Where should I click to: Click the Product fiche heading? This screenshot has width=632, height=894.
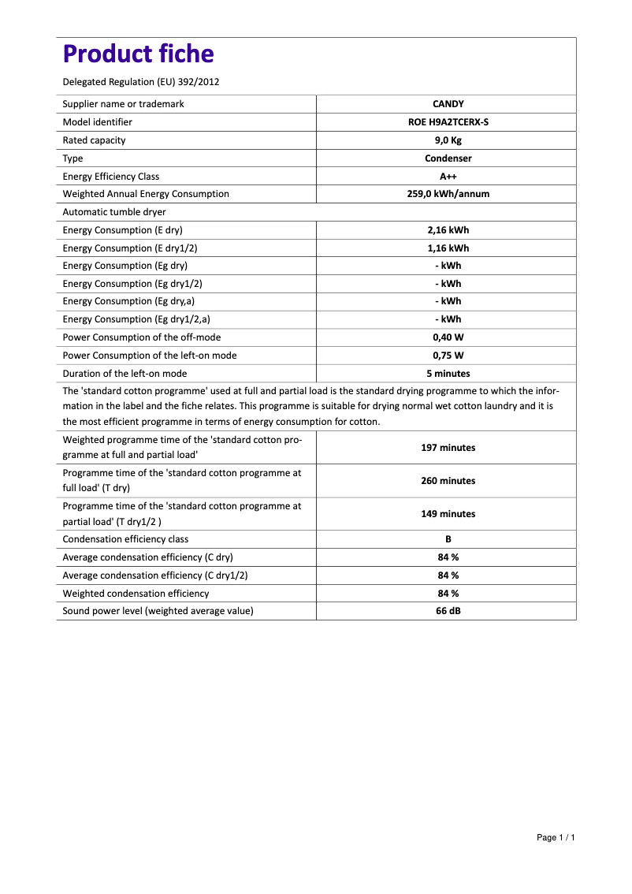pos(138,54)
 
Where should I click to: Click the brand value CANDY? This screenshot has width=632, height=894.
pos(448,104)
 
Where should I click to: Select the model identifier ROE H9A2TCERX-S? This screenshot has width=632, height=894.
pos(448,122)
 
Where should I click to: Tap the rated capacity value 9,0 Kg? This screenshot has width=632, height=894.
pos(448,140)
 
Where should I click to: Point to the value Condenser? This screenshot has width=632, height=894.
pos(448,158)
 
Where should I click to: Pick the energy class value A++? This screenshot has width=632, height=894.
pos(448,177)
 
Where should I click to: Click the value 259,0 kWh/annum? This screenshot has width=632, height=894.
pos(448,194)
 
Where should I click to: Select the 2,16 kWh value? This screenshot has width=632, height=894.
pos(448,230)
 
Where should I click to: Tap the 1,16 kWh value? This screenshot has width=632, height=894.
pos(448,248)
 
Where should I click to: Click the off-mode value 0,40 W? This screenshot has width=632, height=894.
pos(448,337)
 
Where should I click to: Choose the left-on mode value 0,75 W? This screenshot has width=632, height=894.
pos(448,356)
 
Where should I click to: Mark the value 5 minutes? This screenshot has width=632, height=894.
pos(448,374)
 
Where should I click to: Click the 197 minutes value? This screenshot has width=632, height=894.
pos(448,448)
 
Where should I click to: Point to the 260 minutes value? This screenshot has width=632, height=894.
pos(448,481)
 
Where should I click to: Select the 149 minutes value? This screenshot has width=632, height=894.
pos(448,514)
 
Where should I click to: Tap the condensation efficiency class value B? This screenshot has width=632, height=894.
pos(448,539)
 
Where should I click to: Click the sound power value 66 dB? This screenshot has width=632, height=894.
pos(448,611)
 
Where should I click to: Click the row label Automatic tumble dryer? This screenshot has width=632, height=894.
pos(114,212)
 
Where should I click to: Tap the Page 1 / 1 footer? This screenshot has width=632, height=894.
pos(556,837)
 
